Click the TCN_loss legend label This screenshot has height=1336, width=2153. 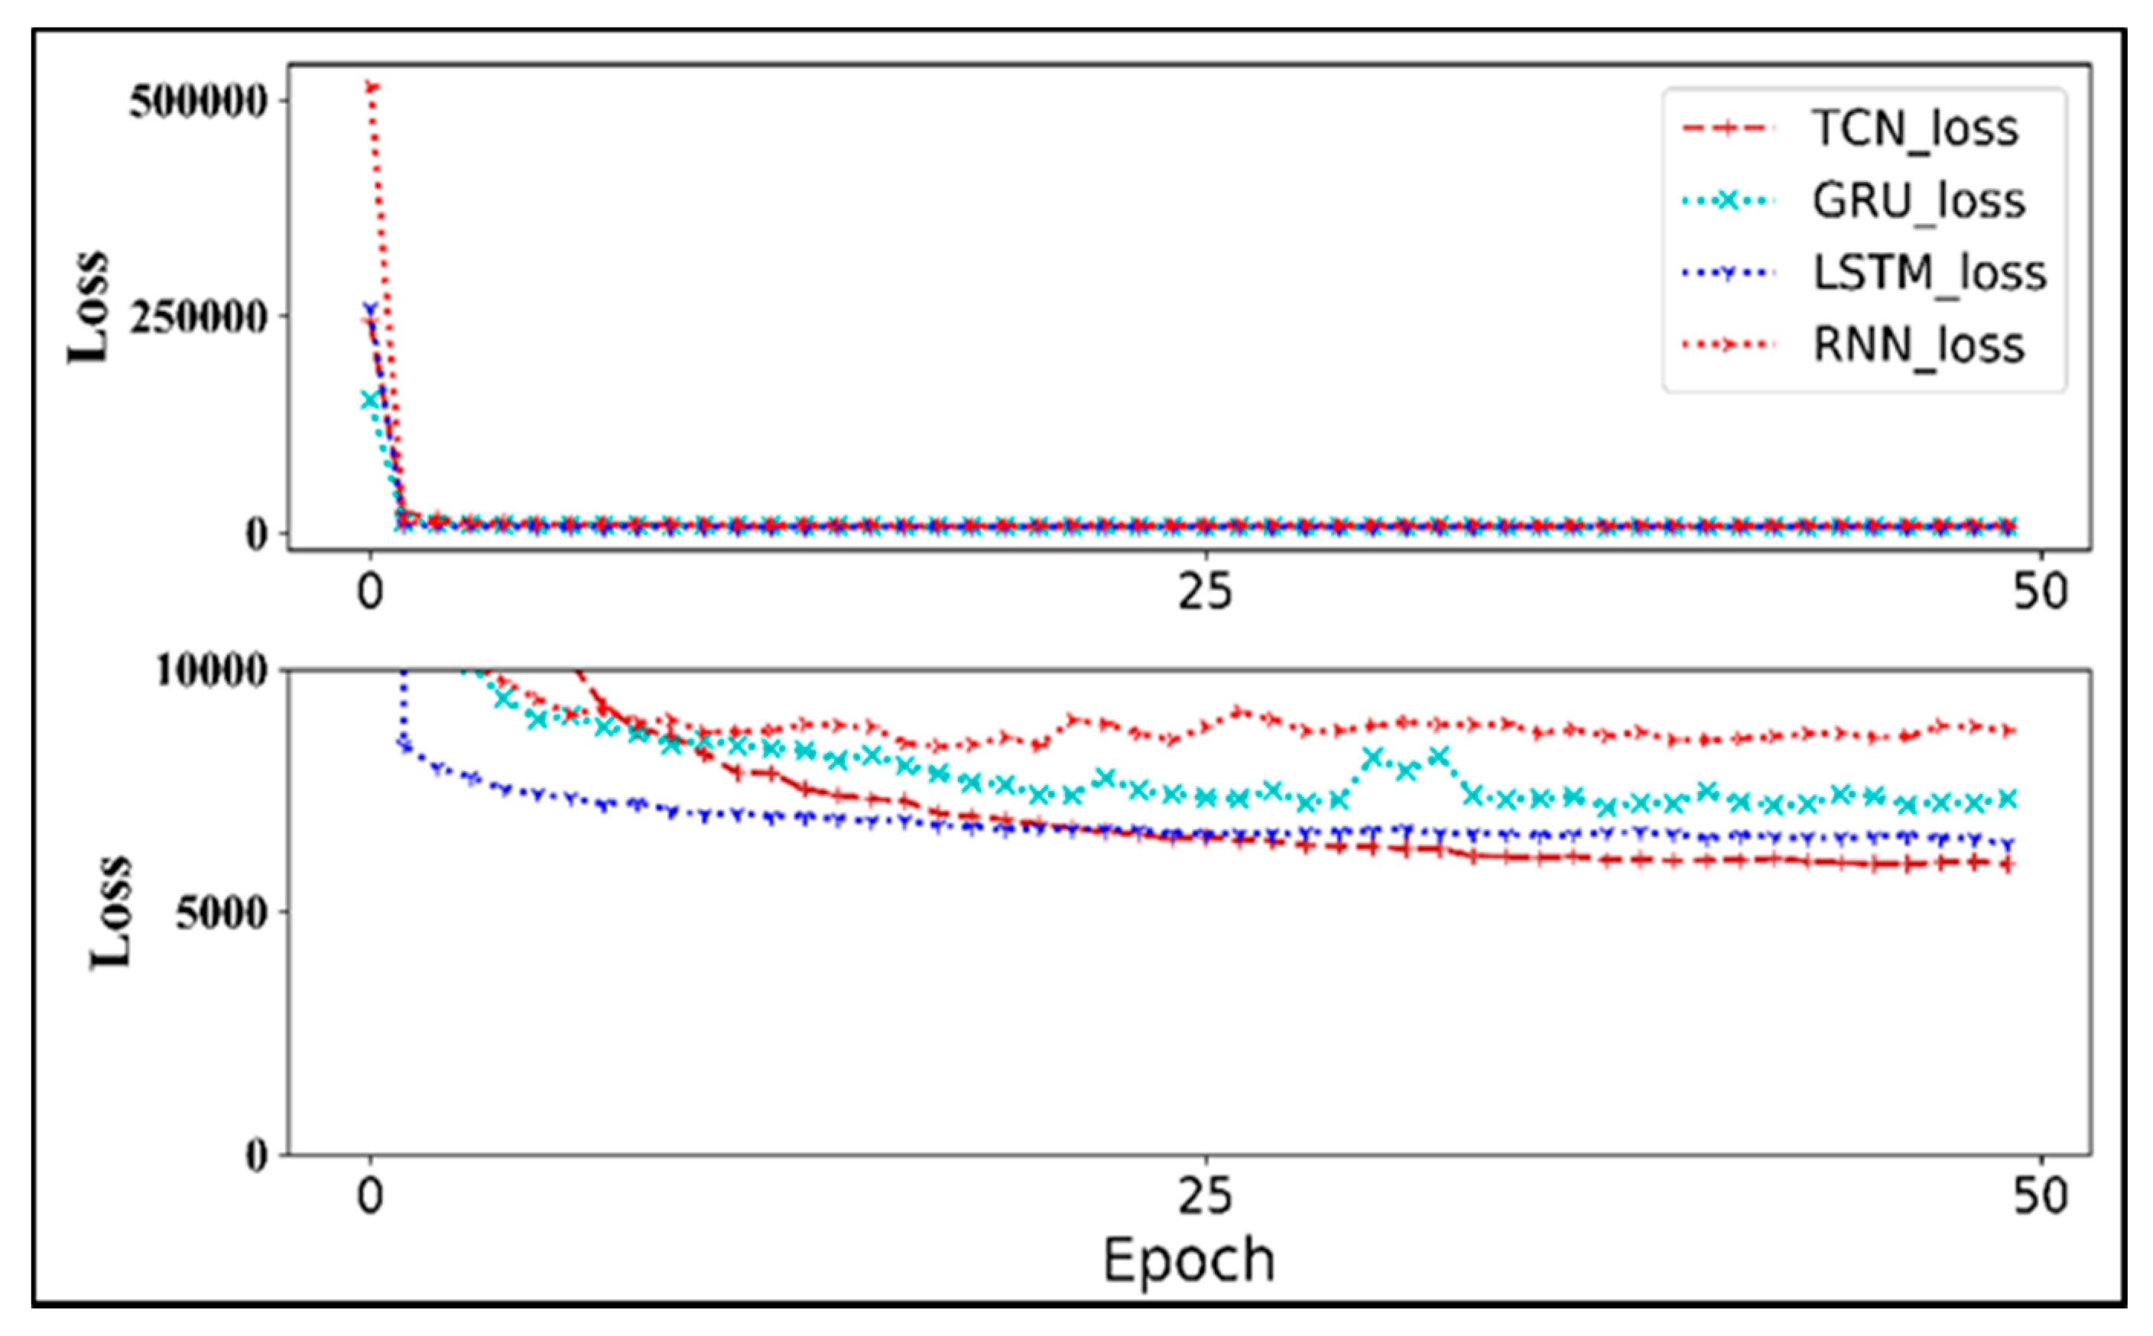tap(1915, 130)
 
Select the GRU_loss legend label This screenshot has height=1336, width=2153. tap(1919, 203)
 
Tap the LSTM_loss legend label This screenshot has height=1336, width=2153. tap(1930, 273)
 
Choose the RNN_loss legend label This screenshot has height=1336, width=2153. tap(1919, 345)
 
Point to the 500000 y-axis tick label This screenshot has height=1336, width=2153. tap(198, 102)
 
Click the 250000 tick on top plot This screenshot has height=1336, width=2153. tap(198, 317)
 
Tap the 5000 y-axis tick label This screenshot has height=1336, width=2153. tap(221, 912)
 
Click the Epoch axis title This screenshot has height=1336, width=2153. tap(1189, 1260)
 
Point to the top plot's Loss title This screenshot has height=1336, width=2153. tap(89, 306)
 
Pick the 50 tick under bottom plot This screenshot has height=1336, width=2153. tap(2041, 1196)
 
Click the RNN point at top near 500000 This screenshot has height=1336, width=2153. tap(372, 86)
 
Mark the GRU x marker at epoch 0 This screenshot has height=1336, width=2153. tap(370, 400)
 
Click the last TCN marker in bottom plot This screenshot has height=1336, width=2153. tap(2007, 865)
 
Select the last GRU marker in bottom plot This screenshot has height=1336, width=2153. tap(2007, 799)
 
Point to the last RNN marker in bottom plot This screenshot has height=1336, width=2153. tap(2007, 731)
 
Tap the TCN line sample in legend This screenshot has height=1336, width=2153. tap(1728, 130)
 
